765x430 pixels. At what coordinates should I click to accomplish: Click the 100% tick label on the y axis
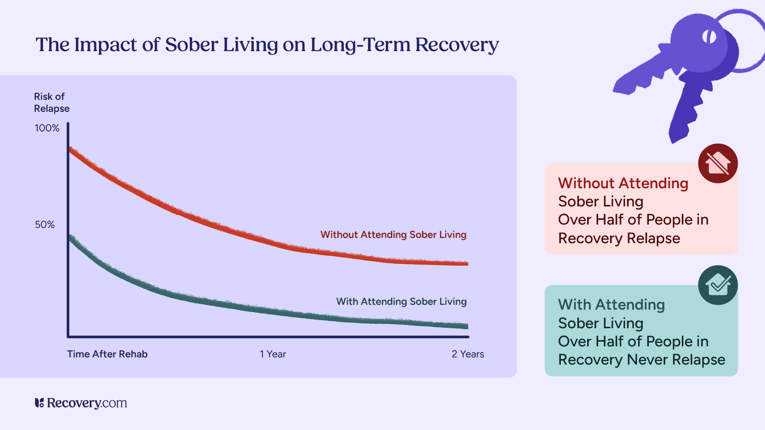tap(47, 128)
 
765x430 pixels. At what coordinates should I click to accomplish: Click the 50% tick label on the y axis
tap(44, 225)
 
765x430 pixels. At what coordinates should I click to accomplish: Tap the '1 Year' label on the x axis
tap(273, 354)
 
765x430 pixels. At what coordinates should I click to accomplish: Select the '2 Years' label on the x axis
tap(468, 354)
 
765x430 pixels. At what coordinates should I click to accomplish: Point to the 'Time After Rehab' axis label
tap(107, 354)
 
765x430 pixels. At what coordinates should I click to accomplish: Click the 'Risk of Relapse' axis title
tap(52, 103)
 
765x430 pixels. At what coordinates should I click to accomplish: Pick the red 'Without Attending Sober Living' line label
tap(393, 235)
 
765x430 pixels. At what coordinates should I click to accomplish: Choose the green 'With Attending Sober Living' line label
tap(401, 301)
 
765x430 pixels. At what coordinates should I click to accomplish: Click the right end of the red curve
tap(466, 263)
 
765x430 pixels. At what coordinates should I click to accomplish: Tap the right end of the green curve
tap(466, 326)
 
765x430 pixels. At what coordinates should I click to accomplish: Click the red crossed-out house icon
tap(718, 163)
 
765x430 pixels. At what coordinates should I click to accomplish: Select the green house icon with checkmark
tap(718, 285)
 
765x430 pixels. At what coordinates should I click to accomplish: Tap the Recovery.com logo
tap(81, 403)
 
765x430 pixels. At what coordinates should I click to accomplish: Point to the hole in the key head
tap(709, 36)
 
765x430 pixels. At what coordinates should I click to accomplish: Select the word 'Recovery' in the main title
tap(457, 44)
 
